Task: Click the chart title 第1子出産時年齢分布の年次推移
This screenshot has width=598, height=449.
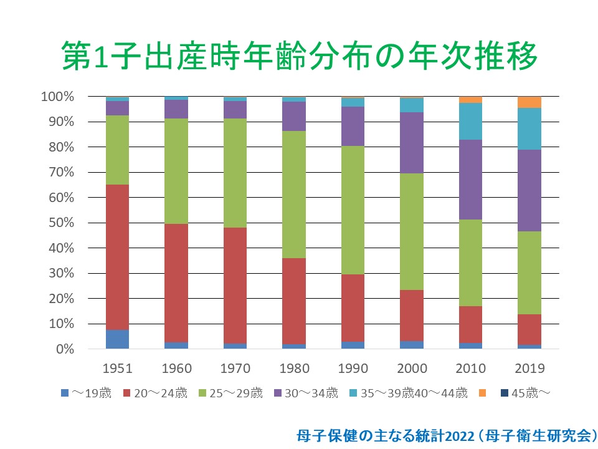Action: click(300, 56)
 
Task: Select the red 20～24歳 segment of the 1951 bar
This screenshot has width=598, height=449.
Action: click(118, 258)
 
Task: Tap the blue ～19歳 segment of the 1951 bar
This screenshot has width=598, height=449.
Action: click(118, 339)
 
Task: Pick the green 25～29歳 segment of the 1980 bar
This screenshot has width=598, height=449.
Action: click(294, 195)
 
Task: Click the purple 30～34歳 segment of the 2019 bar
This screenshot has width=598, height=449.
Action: click(529, 191)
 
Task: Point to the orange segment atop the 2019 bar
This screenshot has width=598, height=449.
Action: click(529, 102)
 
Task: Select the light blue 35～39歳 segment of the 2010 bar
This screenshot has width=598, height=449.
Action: click(471, 122)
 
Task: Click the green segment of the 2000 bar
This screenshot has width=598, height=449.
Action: click(412, 232)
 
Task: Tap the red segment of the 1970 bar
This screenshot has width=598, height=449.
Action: click(235, 286)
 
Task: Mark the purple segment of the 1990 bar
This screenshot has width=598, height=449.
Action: click(353, 127)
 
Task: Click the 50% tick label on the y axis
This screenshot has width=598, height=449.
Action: click(61, 223)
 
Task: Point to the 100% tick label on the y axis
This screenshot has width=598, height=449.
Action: click(57, 97)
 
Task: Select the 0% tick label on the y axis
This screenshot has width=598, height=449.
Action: click(65, 349)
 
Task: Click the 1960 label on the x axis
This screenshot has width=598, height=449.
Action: click(176, 369)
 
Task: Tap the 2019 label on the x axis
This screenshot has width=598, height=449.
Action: click(529, 369)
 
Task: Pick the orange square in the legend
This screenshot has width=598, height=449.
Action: click(482, 393)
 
